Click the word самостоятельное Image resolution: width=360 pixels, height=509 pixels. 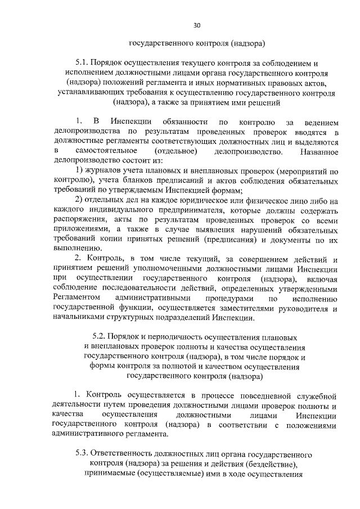(x=106, y=152)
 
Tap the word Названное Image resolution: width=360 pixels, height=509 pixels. (x=319, y=152)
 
